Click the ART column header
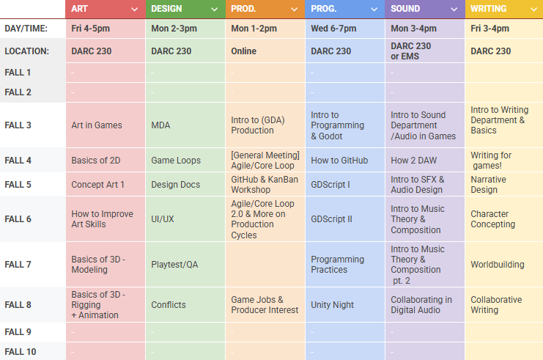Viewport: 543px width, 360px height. coord(81,9)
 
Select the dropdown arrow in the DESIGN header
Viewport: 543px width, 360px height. coord(214,10)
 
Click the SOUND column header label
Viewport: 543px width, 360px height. coord(405,9)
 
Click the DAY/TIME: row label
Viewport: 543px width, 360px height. coord(26,28)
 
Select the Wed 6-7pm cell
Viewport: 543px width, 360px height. coord(333,28)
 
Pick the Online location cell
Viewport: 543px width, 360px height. coord(244,51)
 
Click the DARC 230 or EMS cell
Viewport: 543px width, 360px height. coord(411,51)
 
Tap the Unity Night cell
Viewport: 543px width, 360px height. coord(332,305)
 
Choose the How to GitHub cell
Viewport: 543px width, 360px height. coord(339,161)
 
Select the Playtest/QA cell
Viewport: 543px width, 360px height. coord(174,265)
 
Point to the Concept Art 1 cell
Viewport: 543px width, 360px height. coord(98,185)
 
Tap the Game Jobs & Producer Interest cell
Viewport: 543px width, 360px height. coord(265,305)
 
